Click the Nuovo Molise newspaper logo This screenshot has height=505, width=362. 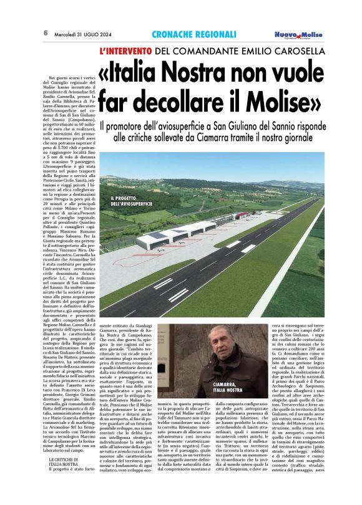(300, 35)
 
